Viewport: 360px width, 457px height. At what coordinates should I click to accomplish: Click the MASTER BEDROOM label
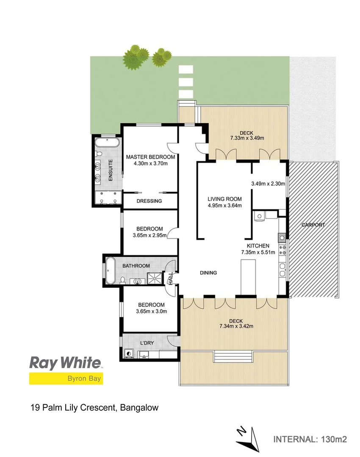150,157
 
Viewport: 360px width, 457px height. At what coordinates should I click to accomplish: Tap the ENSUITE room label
110,170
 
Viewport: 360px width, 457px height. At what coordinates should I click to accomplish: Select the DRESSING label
149,201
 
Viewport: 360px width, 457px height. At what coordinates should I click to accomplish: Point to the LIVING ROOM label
224,199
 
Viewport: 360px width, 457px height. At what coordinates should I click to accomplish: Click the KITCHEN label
258,245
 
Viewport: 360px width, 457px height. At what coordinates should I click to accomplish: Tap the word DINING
208,273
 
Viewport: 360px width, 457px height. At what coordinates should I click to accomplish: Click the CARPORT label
313,225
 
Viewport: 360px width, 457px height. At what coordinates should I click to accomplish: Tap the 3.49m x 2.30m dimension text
268,184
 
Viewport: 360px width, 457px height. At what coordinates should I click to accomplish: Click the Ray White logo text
65,363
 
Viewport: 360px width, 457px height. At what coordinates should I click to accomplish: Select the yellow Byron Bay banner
66,378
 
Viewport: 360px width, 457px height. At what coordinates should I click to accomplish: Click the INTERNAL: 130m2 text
310,439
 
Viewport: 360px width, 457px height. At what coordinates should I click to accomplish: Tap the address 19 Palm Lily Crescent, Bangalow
94,408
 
